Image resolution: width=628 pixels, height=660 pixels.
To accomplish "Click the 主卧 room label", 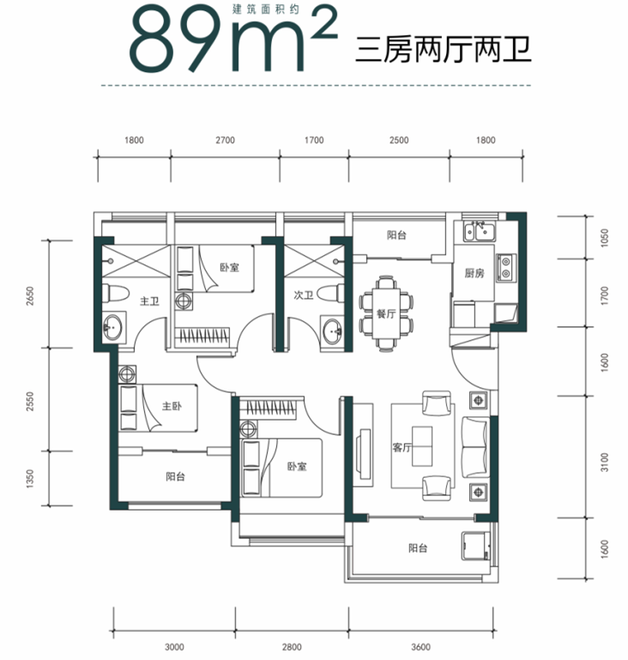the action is pyautogui.click(x=172, y=406).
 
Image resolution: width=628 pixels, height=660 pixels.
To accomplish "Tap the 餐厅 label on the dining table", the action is pyautogui.click(x=386, y=313).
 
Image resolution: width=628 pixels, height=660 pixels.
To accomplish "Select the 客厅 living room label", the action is pyautogui.click(x=402, y=447).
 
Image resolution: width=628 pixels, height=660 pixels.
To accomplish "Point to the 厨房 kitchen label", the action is pyautogui.click(x=474, y=273).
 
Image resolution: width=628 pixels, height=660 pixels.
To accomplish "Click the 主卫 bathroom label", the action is pyautogui.click(x=149, y=301).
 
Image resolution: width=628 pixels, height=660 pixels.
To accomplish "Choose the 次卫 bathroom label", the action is pyautogui.click(x=303, y=295).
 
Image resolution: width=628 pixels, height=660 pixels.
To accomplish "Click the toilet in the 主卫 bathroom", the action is pyautogui.click(x=115, y=294).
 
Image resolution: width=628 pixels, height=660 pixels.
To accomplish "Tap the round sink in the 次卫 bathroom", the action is pyautogui.click(x=332, y=331).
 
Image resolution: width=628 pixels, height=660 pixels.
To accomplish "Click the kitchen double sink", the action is pyautogui.click(x=480, y=231).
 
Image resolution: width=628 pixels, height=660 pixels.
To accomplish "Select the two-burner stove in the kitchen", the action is pyautogui.click(x=505, y=268).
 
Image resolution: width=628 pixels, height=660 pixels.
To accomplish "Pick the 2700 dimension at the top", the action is pyautogui.click(x=225, y=140).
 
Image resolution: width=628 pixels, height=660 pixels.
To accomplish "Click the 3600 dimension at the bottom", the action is pyautogui.click(x=420, y=647).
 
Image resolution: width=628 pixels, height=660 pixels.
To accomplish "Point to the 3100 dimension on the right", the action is pyautogui.click(x=605, y=462).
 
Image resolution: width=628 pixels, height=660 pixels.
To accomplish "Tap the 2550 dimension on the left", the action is pyautogui.click(x=29, y=401).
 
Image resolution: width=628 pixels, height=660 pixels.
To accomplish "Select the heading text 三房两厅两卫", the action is pyautogui.click(x=444, y=50).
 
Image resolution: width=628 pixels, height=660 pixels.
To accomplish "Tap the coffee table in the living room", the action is pyautogui.click(x=422, y=446).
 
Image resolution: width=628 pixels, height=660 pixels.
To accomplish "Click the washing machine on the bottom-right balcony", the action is pyautogui.click(x=476, y=546).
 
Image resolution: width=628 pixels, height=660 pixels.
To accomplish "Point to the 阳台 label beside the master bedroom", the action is pyautogui.click(x=175, y=477).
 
